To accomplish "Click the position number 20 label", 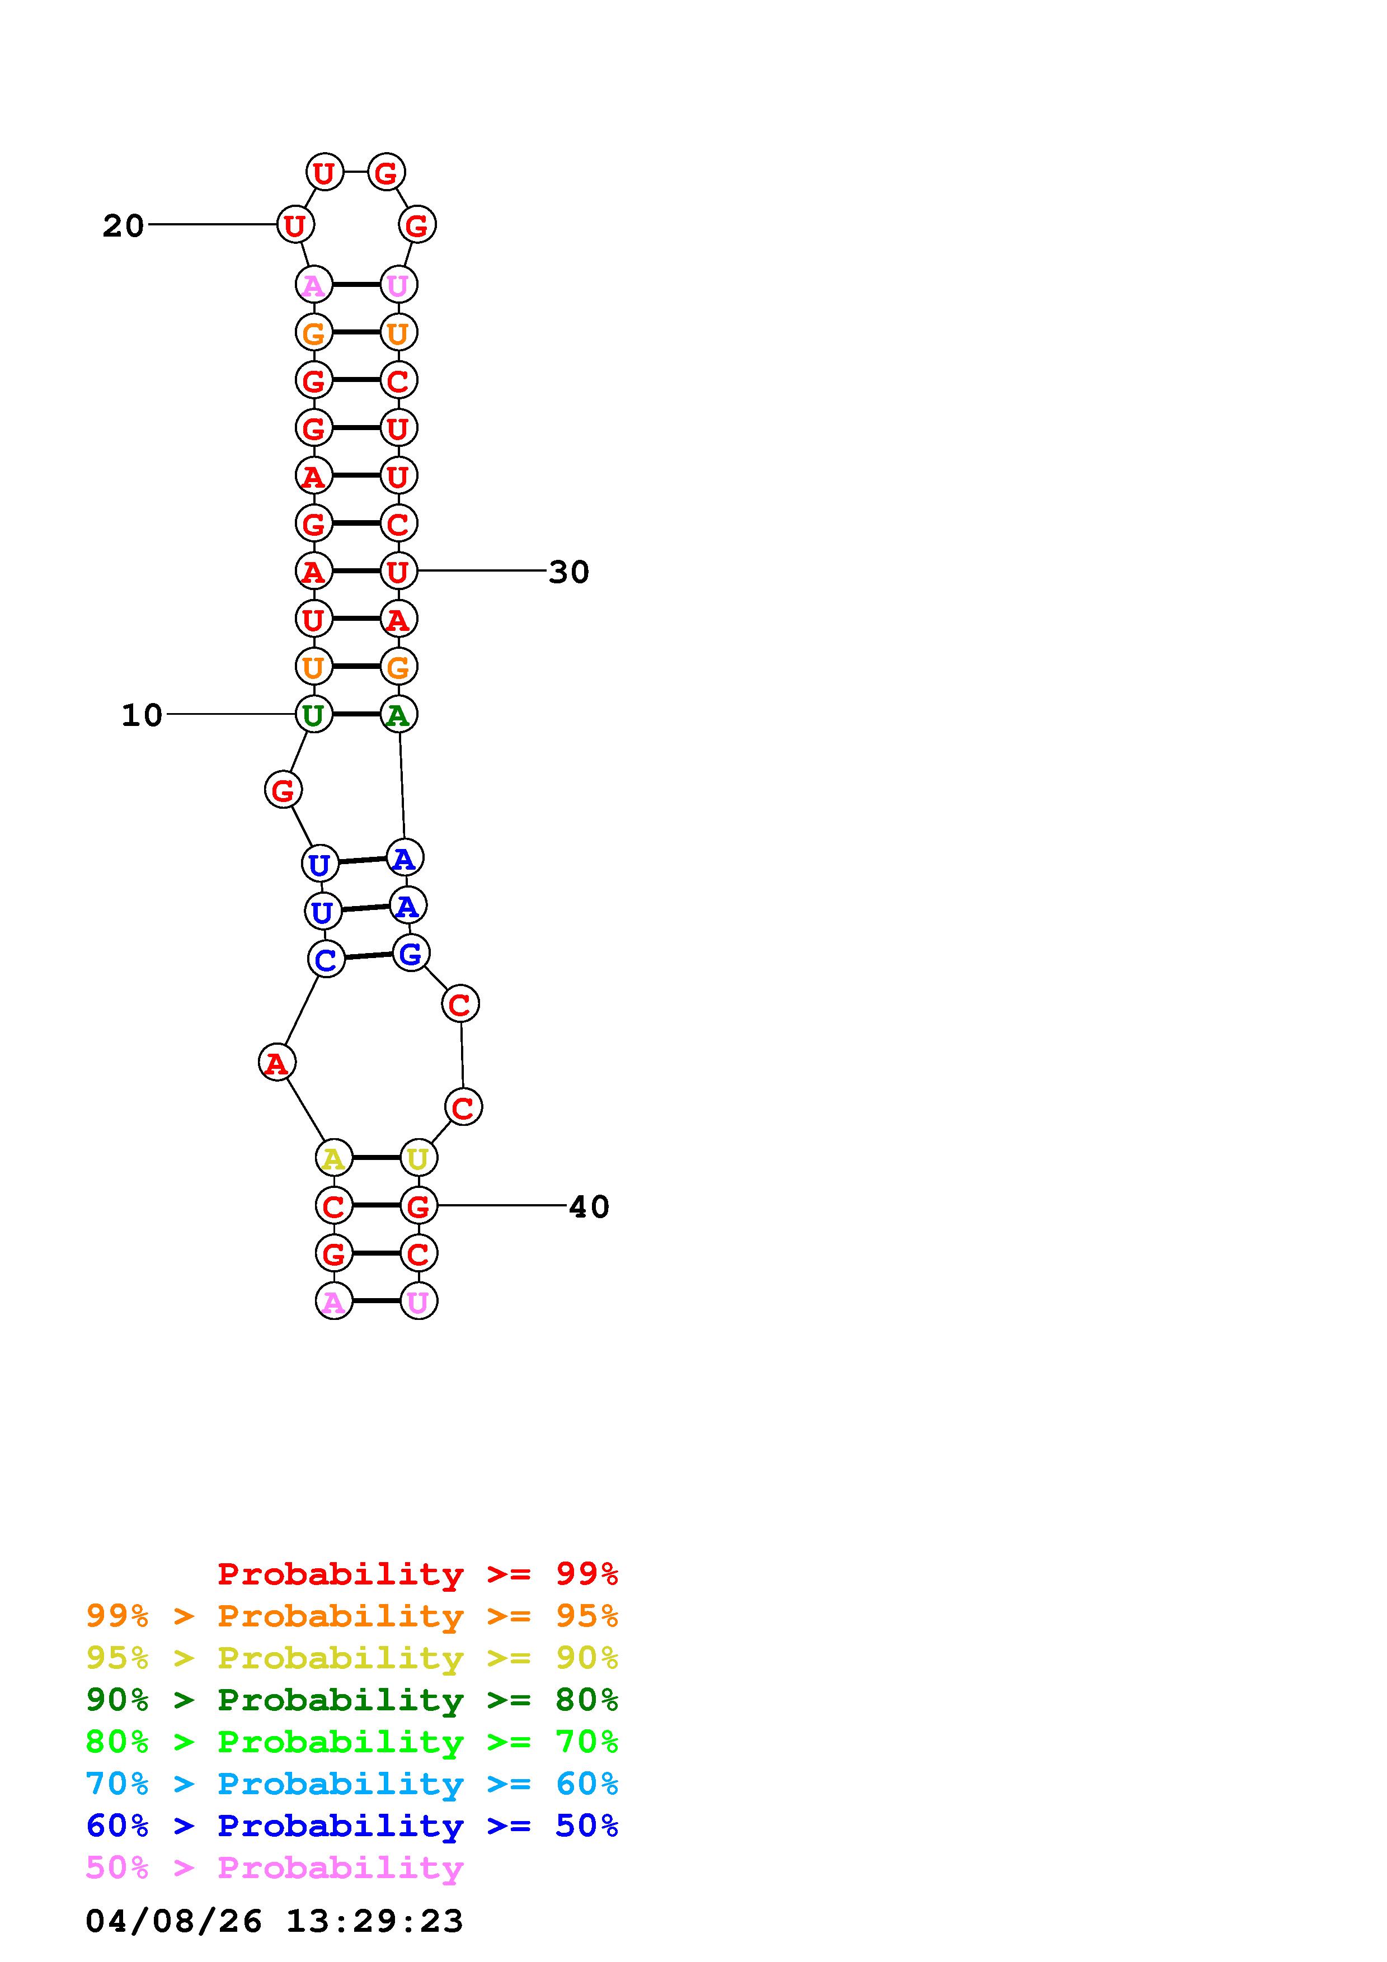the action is (123, 225).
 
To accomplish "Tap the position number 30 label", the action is (569, 572).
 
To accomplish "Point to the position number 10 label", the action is (142, 714).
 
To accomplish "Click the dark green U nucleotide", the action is (314, 714).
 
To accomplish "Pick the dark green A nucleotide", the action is (397, 714).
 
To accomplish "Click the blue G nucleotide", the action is (411, 954).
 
